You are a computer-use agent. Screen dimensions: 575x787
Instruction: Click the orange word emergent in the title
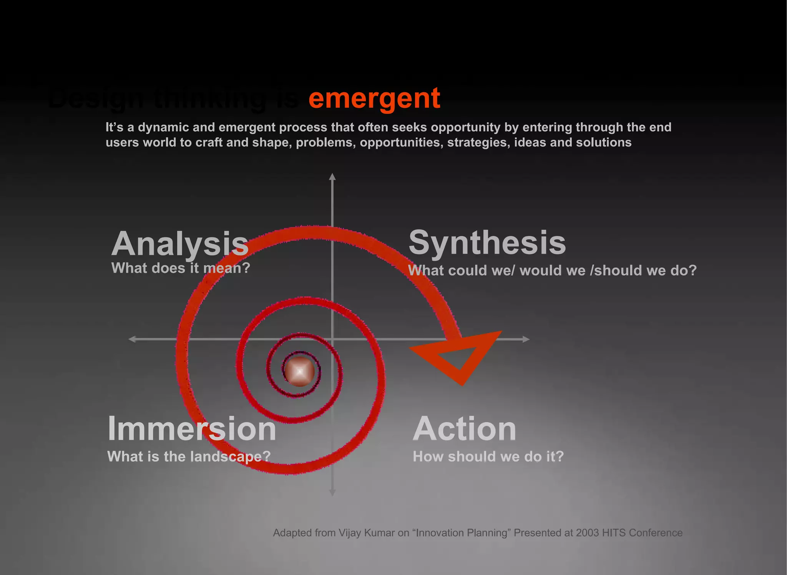click(374, 98)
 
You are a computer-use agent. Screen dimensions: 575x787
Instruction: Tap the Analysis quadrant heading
click(180, 244)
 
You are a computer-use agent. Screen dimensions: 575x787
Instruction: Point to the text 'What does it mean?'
click(181, 268)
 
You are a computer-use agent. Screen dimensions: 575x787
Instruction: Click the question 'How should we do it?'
click(488, 457)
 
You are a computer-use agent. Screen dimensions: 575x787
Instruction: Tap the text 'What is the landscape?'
click(189, 457)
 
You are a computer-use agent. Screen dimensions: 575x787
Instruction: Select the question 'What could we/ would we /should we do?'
click(552, 270)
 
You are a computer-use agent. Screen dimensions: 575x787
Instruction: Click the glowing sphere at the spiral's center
click(299, 372)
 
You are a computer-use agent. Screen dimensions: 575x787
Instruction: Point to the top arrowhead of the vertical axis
click(332, 177)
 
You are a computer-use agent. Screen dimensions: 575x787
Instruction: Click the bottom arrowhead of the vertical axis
click(332, 493)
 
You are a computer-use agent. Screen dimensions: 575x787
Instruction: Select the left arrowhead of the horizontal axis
click(132, 339)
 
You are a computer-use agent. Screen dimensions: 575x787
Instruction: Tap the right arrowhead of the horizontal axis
click(526, 339)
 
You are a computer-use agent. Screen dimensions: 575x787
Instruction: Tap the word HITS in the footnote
click(614, 533)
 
